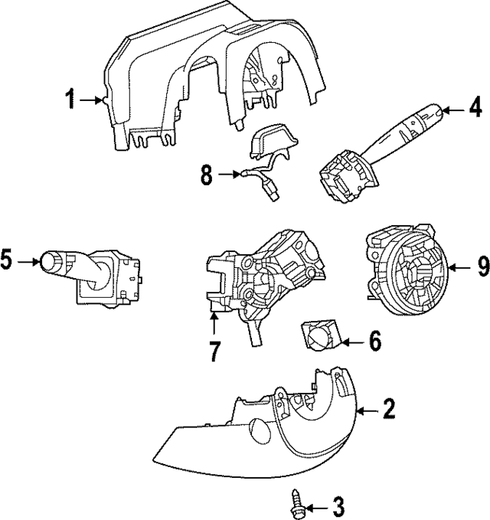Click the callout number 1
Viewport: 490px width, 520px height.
[70, 99]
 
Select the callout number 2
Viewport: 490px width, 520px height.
[389, 410]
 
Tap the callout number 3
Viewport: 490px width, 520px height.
[338, 505]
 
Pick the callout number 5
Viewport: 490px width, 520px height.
[8, 262]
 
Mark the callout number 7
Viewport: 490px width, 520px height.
[214, 352]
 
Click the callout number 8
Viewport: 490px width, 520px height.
[206, 175]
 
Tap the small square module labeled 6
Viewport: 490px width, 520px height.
[319, 336]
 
